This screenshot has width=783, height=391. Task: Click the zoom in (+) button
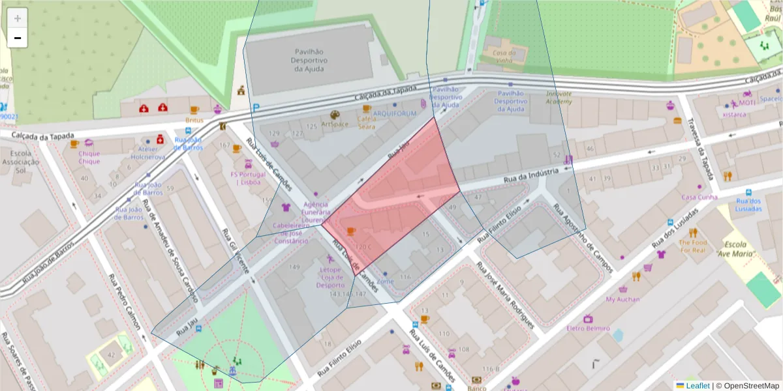(18, 18)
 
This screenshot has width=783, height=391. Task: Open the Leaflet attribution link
(697, 386)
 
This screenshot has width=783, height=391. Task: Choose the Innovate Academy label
(559, 97)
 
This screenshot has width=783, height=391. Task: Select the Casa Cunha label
(699, 197)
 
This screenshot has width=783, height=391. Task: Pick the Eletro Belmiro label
(588, 328)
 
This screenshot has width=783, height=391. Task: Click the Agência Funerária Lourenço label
(315, 212)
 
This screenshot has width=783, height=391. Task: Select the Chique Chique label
(89, 157)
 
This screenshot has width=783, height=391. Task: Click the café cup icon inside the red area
(351, 231)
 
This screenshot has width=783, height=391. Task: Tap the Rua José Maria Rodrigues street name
(505, 296)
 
